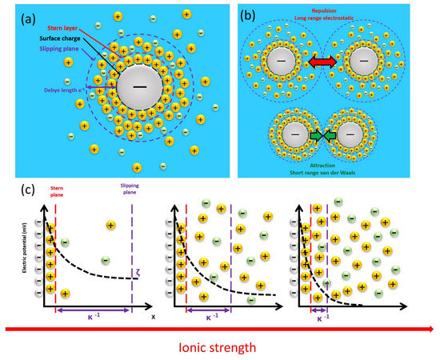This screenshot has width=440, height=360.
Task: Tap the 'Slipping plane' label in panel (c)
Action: point(130,194)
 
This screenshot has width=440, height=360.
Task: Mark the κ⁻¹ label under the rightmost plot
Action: point(319,317)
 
